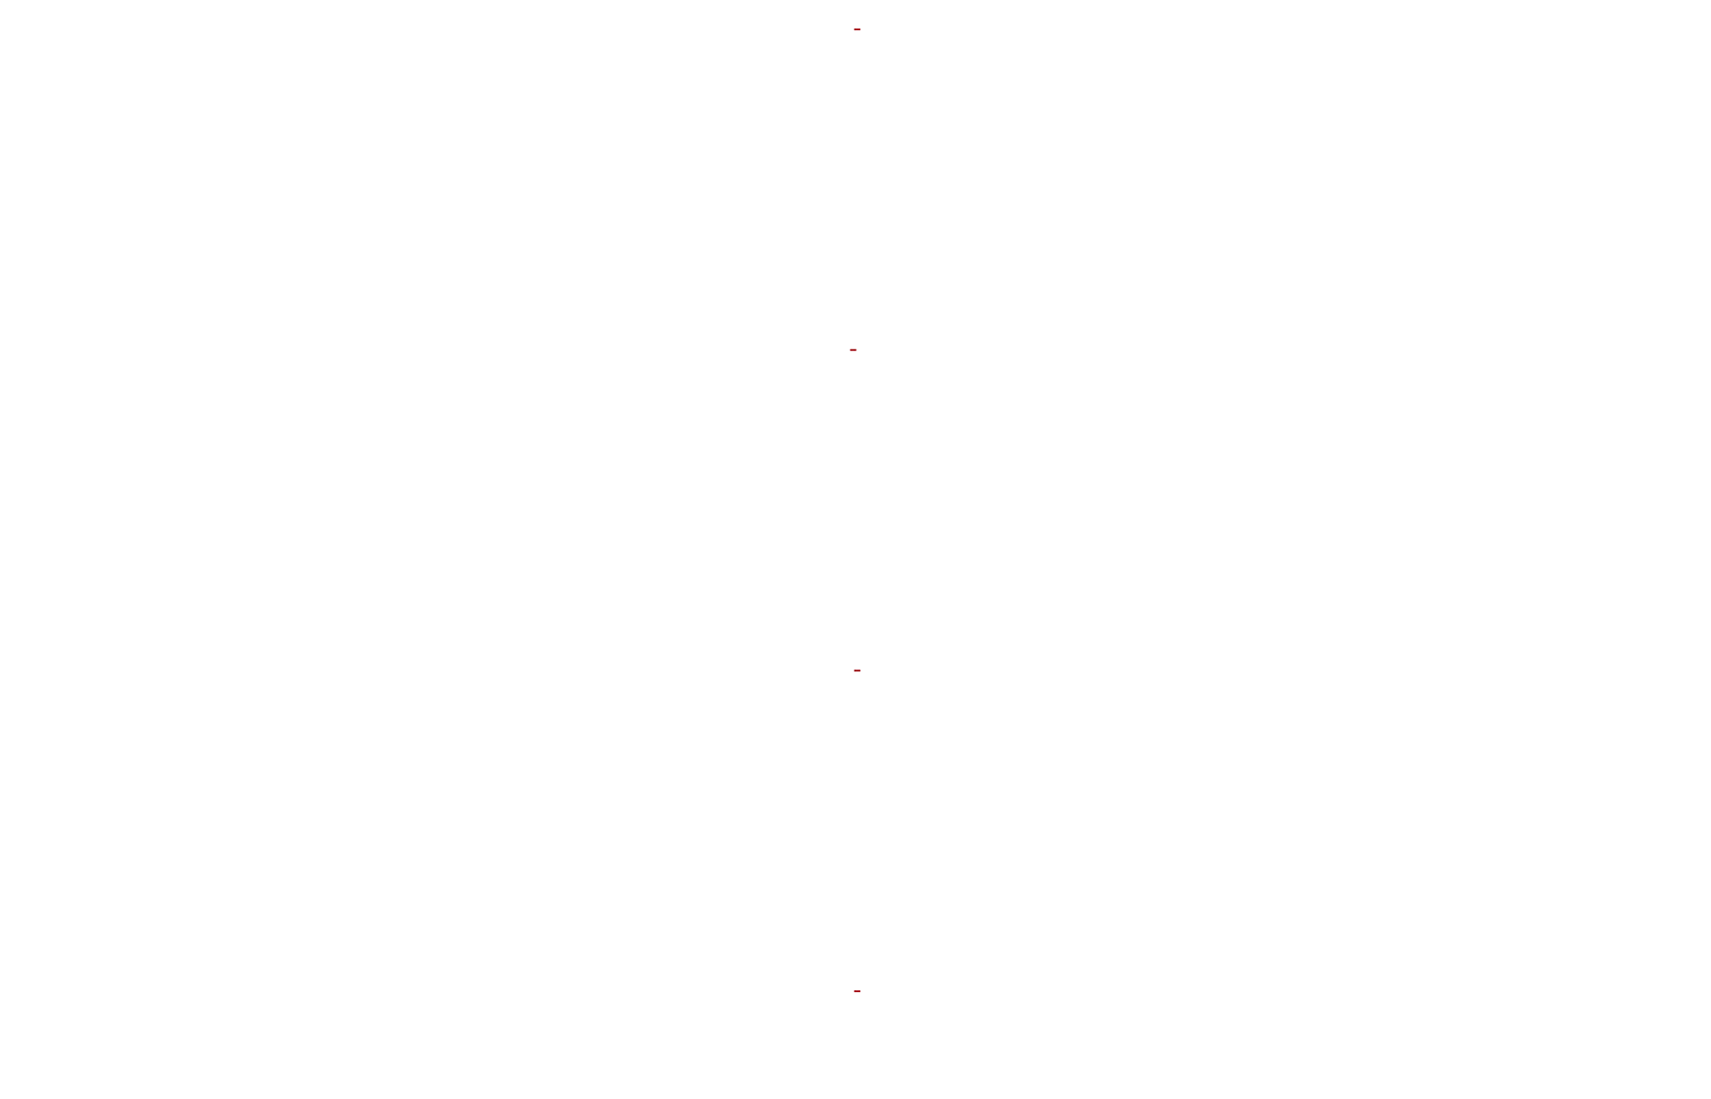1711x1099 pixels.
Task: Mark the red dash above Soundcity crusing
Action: click(x=853, y=349)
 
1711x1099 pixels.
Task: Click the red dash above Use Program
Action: click(x=856, y=670)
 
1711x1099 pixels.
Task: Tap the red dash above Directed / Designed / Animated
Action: click(x=856, y=29)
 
